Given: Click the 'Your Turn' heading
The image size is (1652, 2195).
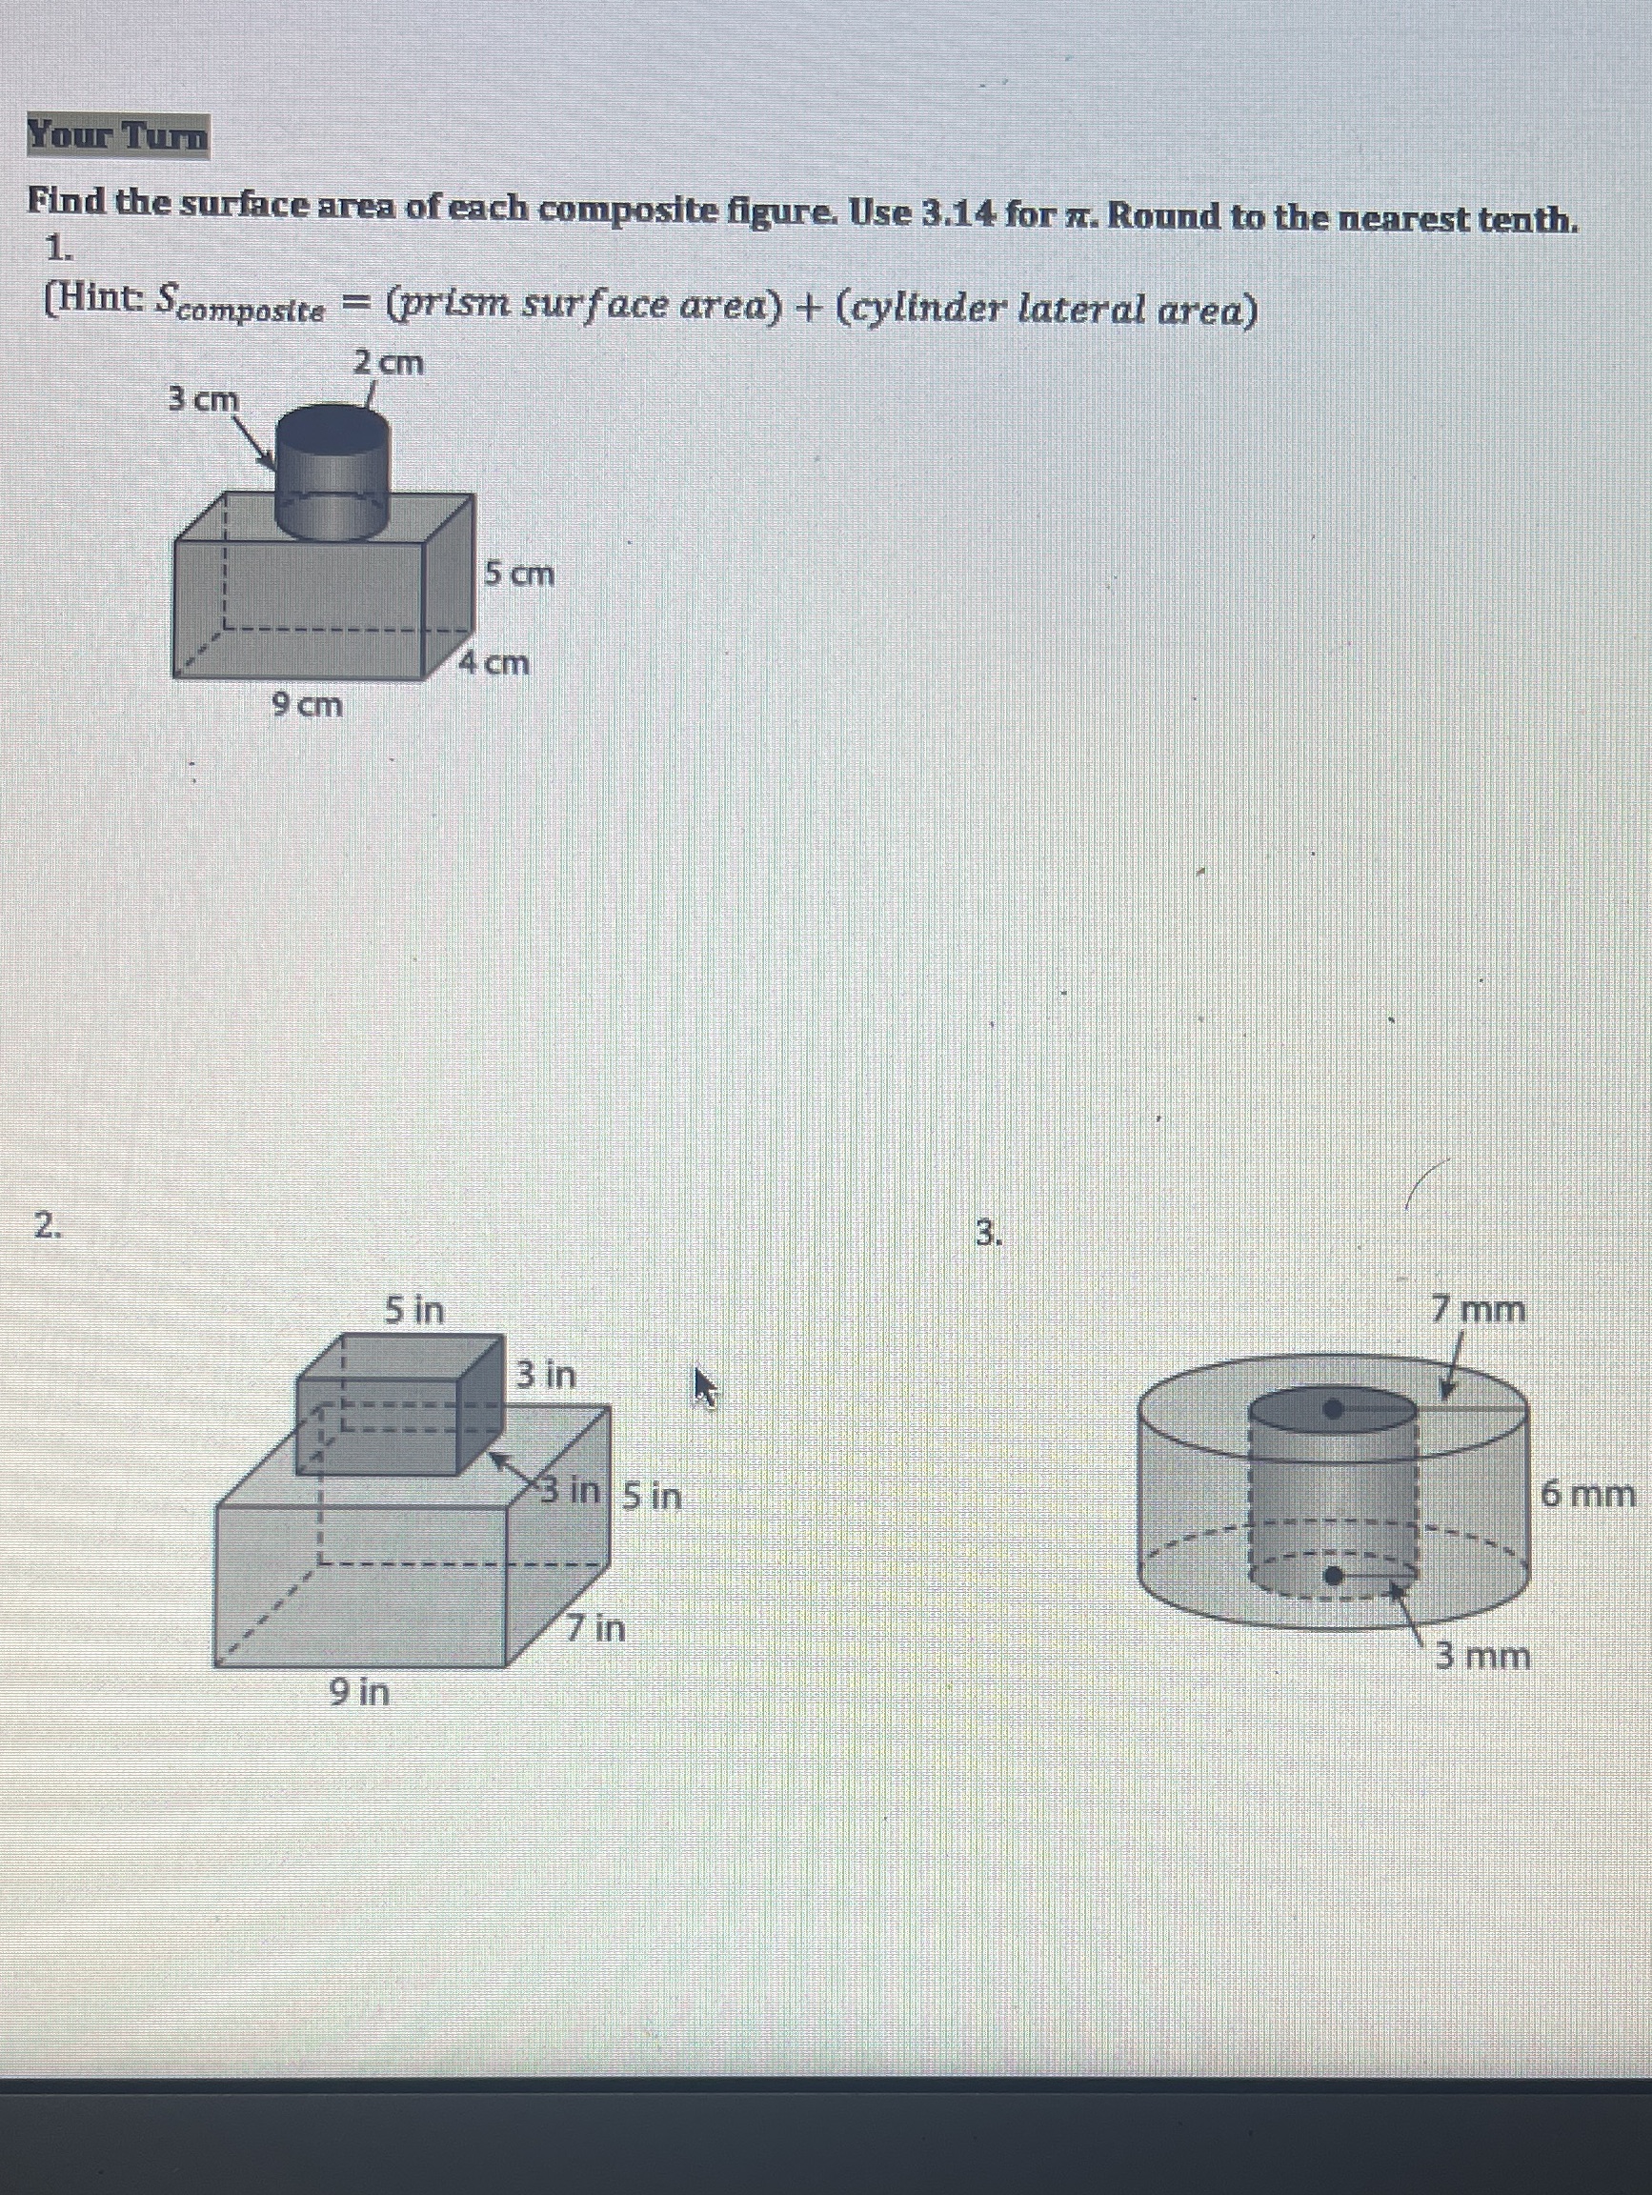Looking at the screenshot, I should pyautogui.click(x=118, y=136).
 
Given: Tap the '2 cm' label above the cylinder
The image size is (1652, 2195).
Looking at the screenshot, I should pyautogui.click(x=389, y=363).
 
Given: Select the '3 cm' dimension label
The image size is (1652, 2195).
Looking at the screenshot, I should pyautogui.click(x=203, y=399).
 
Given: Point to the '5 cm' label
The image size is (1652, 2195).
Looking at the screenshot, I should pyautogui.click(x=519, y=573).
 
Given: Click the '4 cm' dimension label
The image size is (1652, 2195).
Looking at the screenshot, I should pyautogui.click(x=495, y=662).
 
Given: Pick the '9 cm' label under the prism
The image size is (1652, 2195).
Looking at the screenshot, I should pyautogui.click(x=307, y=706).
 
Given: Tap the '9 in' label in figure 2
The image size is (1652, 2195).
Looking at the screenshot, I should pyautogui.click(x=359, y=1691).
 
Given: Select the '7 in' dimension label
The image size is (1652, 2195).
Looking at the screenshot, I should pyautogui.click(x=595, y=1627).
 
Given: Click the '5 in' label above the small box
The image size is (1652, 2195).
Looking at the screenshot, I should pyautogui.click(x=413, y=1311).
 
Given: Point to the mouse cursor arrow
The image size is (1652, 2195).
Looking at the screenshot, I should pyautogui.click(x=703, y=1386).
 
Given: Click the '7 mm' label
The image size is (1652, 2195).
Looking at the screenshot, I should pyautogui.click(x=1479, y=1310).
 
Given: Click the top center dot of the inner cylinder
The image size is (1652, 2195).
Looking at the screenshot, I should pyautogui.click(x=1335, y=1407).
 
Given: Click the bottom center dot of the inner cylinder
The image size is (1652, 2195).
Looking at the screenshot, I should pyautogui.click(x=1336, y=1575).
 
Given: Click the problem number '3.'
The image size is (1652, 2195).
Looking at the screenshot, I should pyautogui.click(x=986, y=1234).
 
